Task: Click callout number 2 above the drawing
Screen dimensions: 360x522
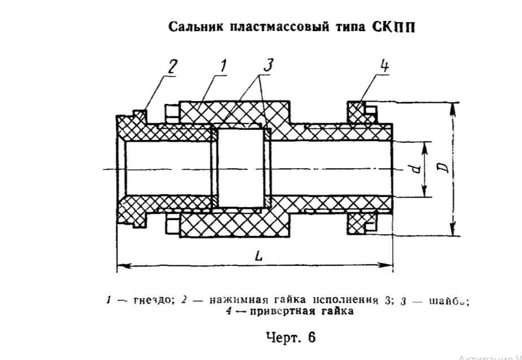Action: point(172,67)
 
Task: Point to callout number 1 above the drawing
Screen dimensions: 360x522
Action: point(222,67)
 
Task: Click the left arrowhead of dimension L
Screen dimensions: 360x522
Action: point(120,264)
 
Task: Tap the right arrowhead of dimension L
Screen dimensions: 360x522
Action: point(390,264)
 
